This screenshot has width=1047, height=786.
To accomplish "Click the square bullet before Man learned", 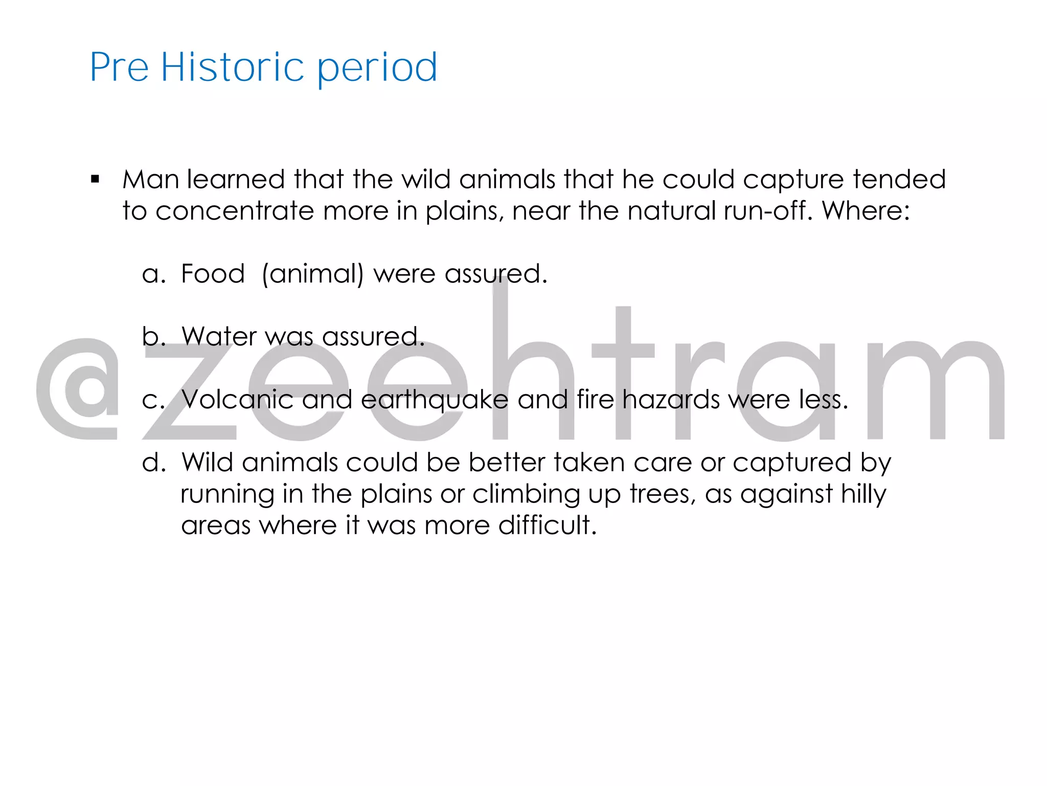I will pyautogui.click(x=95, y=179).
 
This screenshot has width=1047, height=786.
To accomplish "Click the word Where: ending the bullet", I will pyautogui.click(x=866, y=211).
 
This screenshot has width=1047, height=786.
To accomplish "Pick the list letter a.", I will pyautogui.click(x=152, y=274).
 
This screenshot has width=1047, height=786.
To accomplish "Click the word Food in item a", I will pyautogui.click(x=213, y=274).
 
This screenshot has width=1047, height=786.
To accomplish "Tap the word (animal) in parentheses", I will pyautogui.click(x=313, y=274).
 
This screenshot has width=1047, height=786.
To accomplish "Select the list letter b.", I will pyautogui.click(x=152, y=337).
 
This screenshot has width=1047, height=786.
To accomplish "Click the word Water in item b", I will pyautogui.click(x=219, y=337).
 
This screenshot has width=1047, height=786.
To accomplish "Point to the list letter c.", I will pyautogui.click(x=152, y=400).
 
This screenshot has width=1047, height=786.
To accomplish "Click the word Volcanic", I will pyautogui.click(x=238, y=400).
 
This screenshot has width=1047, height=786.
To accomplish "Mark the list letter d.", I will pyautogui.click(x=152, y=463).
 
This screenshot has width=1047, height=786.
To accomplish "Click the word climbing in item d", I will pyautogui.click(x=526, y=495).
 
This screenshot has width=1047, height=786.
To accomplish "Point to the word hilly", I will pyautogui.click(x=863, y=495).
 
